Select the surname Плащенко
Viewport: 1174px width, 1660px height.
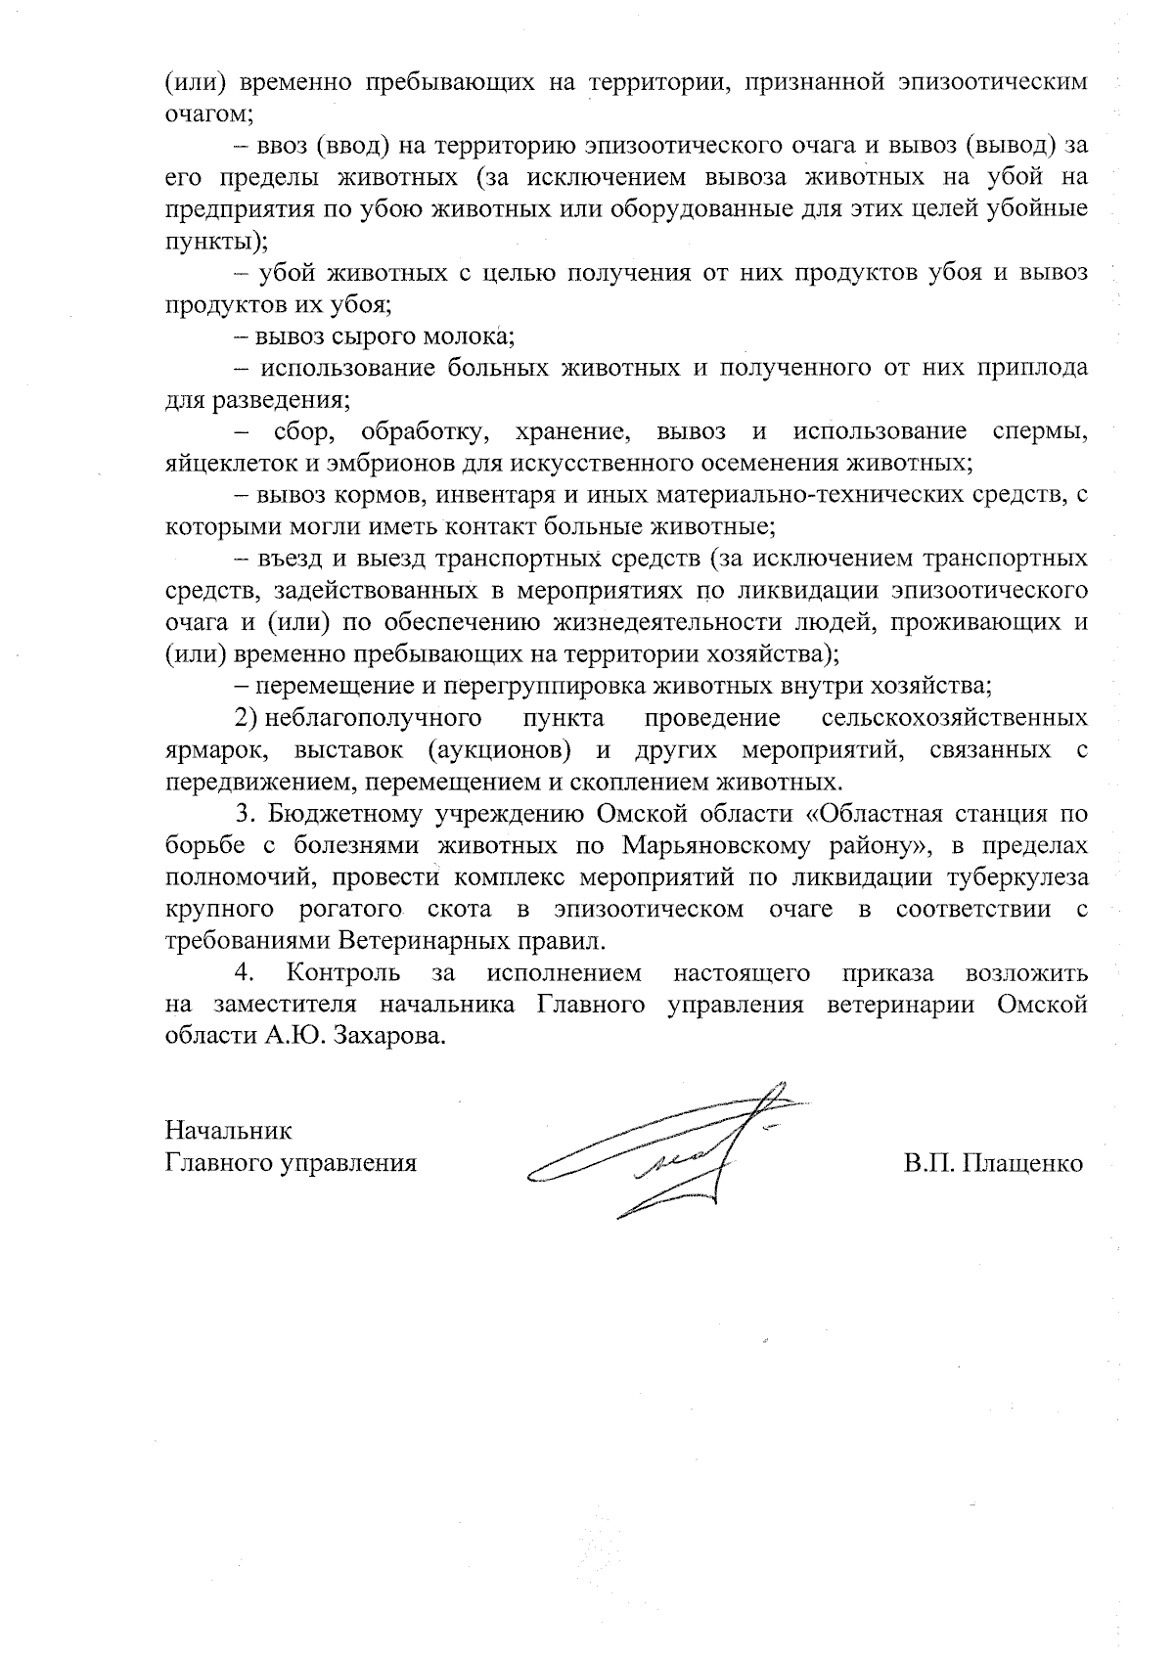(x=1023, y=1164)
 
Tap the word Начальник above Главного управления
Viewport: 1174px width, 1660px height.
(x=229, y=1131)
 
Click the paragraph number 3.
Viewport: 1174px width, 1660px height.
(x=245, y=814)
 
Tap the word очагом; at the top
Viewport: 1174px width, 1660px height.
(x=208, y=114)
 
